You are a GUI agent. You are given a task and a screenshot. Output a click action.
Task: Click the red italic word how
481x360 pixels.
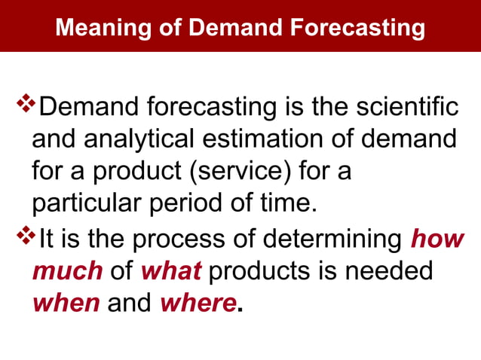pos(437,239)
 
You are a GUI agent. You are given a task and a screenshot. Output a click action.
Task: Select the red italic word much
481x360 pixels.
pos(66,272)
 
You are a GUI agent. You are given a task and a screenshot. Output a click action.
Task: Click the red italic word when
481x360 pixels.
pos(66,304)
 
